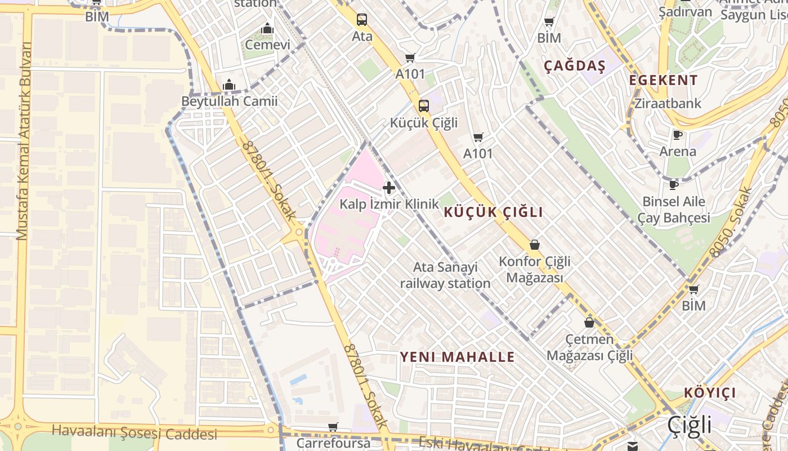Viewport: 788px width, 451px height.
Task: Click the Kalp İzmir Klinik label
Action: coord(389,204)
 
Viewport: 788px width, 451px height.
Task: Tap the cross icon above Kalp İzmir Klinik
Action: coord(389,188)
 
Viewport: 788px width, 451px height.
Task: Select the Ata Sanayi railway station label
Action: coord(445,275)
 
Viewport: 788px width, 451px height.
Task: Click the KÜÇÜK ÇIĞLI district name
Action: coord(494,213)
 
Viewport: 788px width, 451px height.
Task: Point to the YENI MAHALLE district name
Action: coord(457,357)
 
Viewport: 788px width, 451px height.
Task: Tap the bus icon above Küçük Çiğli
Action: coord(424,105)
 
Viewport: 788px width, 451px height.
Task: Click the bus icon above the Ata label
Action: coord(362,20)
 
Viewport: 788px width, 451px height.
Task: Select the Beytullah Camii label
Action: coord(229,102)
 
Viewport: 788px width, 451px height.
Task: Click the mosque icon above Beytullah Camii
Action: coord(229,85)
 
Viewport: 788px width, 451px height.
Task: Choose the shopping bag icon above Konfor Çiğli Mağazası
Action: coord(535,245)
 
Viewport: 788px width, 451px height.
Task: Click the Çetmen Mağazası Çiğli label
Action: coord(590,347)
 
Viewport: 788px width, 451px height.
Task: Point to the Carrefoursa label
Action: coord(333,443)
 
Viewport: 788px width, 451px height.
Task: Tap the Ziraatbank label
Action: coord(668,104)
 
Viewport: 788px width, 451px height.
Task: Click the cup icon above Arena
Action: coord(678,135)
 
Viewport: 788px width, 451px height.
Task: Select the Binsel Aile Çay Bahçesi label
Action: coord(674,209)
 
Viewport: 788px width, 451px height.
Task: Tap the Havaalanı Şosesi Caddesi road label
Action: coord(134,432)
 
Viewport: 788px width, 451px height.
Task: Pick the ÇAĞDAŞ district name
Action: coord(574,67)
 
